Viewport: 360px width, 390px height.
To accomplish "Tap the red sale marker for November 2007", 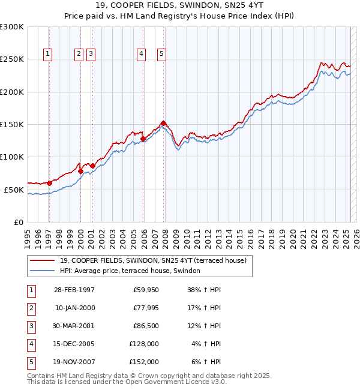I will click(x=163, y=123).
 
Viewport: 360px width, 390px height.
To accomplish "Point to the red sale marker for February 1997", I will click(x=49, y=183).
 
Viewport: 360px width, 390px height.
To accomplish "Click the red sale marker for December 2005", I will click(x=143, y=139).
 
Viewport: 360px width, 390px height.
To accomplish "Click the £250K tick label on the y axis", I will click(x=12, y=59).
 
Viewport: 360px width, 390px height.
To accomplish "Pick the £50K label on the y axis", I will click(x=14, y=190).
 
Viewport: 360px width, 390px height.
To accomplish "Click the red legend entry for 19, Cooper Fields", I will click(x=153, y=260).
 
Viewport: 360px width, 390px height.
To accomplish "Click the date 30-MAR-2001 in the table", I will click(x=74, y=326).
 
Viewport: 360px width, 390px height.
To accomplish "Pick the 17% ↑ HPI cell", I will click(x=205, y=308).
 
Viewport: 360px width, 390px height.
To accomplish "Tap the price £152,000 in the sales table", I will click(x=145, y=362).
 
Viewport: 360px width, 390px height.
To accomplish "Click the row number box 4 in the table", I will click(x=31, y=344).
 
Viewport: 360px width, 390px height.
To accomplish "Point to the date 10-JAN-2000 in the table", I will click(x=75, y=308).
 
